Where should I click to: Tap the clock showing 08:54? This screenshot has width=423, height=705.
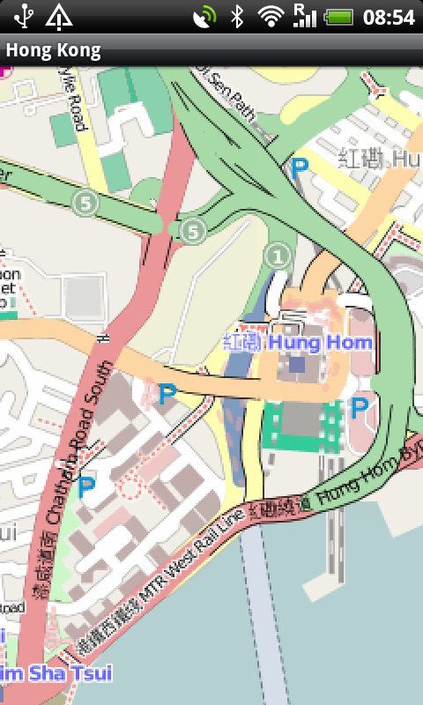tap(389, 17)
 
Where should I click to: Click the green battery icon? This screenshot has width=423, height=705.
tap(339, 16)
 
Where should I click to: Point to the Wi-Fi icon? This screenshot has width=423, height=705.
tap(271, 16)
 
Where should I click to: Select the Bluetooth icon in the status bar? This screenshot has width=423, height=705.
tap(236, 16)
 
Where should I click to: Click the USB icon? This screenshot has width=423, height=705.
tap(22, 16)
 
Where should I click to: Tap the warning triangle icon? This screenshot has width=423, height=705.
tap(59, 16)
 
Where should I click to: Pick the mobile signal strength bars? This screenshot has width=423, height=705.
tap(305, 16)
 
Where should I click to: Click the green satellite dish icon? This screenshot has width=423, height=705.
tap(204, 16)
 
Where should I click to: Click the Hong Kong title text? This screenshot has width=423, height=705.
tap(53, 51)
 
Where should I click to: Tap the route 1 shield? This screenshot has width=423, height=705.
tap(278, 256)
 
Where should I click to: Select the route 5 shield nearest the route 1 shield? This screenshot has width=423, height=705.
tap(192, 231)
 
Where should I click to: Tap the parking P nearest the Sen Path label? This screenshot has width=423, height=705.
tap(300, 165)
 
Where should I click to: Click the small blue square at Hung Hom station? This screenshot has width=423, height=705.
tap(297, 363)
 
